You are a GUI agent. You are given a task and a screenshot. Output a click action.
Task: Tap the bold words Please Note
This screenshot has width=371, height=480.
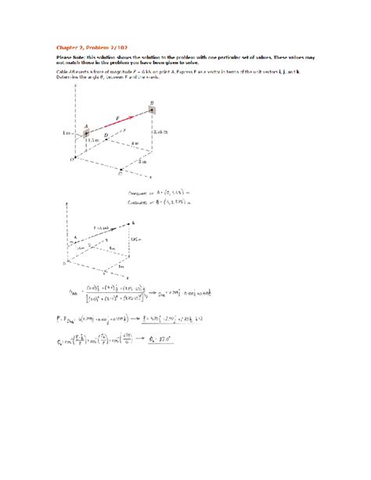(x=70, y=57)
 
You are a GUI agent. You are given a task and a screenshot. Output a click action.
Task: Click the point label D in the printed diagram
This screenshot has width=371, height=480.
(x=106, y=136)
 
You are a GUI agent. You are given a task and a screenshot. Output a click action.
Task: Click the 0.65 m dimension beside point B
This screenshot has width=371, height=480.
(x=161, y=132)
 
